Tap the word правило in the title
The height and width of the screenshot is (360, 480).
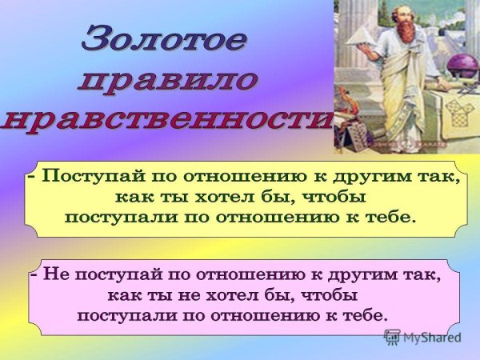point(168,79)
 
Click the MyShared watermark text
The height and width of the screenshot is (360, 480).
point(433,337)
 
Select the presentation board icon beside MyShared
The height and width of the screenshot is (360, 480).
point(392,337)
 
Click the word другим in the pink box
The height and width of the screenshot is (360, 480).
point(358,275)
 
